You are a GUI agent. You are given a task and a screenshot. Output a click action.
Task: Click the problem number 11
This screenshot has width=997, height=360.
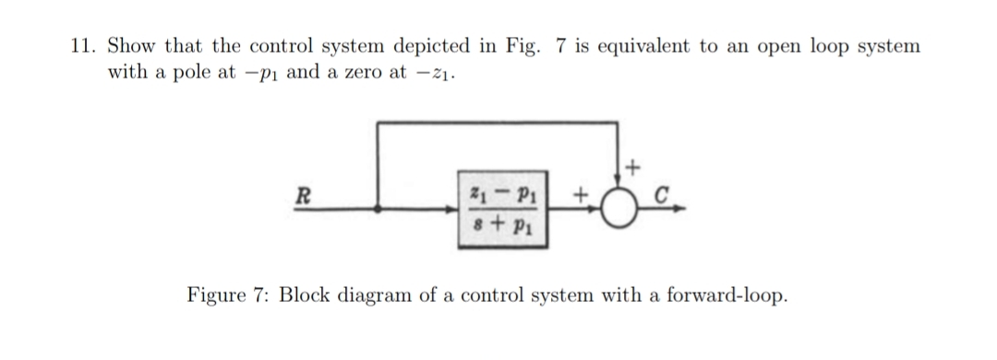click(85, 45)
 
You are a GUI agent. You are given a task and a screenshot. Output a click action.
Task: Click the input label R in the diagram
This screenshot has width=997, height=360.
click(300, 195)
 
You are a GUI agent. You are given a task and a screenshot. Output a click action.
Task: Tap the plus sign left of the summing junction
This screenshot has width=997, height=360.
click(581, 196)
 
